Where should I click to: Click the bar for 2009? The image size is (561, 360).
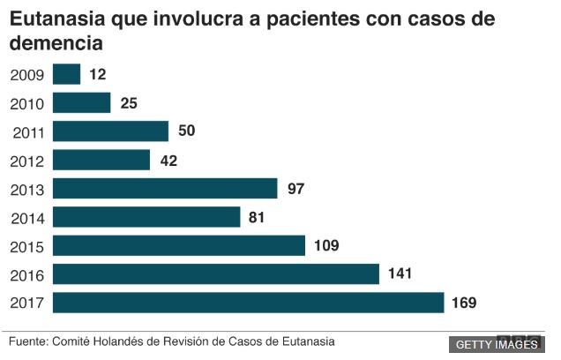67,75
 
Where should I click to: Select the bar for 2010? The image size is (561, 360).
82,103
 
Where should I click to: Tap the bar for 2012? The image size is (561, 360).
101,160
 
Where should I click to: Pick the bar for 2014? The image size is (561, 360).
147,217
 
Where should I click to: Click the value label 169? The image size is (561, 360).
464,303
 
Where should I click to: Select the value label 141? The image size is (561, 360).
400,274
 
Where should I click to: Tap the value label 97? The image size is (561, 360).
295,189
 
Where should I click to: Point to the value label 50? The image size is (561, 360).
185,131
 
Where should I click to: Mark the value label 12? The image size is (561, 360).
98,75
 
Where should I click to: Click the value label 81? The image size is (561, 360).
258,217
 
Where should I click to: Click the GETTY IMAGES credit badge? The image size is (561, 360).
497,344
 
